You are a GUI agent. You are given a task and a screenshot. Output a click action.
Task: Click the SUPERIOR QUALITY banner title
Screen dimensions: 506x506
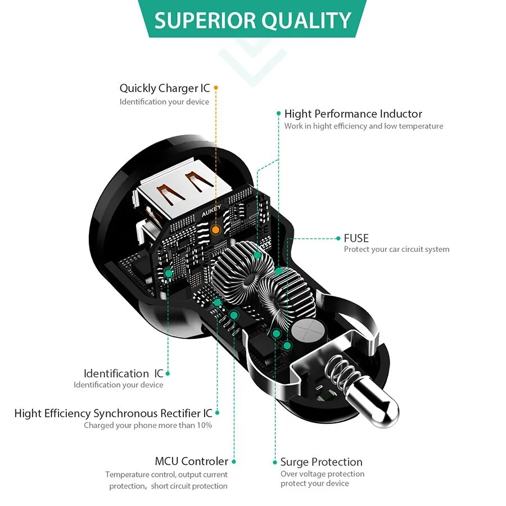pos(252,20)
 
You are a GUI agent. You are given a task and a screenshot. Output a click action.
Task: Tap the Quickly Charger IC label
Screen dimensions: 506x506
pos(164,88)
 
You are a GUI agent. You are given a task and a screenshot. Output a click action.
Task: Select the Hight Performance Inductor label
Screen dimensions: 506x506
pos(353,114)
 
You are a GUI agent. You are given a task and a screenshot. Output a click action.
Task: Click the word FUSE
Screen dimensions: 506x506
pos(356,238)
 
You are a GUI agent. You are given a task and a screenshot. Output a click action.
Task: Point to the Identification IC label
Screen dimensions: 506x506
pos(123,373)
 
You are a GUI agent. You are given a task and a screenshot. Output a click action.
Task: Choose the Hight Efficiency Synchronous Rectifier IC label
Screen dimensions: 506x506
pos(113,413)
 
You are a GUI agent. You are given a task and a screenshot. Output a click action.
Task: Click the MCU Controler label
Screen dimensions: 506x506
pos(191,461)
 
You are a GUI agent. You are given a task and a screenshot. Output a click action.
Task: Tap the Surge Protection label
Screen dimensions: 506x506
pos(321,462)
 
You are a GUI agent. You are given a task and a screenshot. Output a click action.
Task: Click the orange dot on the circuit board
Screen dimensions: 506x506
pos(215,229)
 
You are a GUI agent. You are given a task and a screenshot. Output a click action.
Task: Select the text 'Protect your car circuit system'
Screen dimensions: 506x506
pos(396,249)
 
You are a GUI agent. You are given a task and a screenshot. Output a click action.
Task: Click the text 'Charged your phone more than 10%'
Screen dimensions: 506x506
pos(148,425)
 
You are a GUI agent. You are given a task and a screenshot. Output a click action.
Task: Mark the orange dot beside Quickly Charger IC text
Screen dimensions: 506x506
pos(216,88)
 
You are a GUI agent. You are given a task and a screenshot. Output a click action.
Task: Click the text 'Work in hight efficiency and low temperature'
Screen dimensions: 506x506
pos(363,126)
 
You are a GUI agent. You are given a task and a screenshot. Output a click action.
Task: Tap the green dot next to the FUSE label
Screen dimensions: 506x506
pos(338,238)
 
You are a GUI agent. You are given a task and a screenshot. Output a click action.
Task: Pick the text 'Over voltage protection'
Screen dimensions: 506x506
pos(322,474)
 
